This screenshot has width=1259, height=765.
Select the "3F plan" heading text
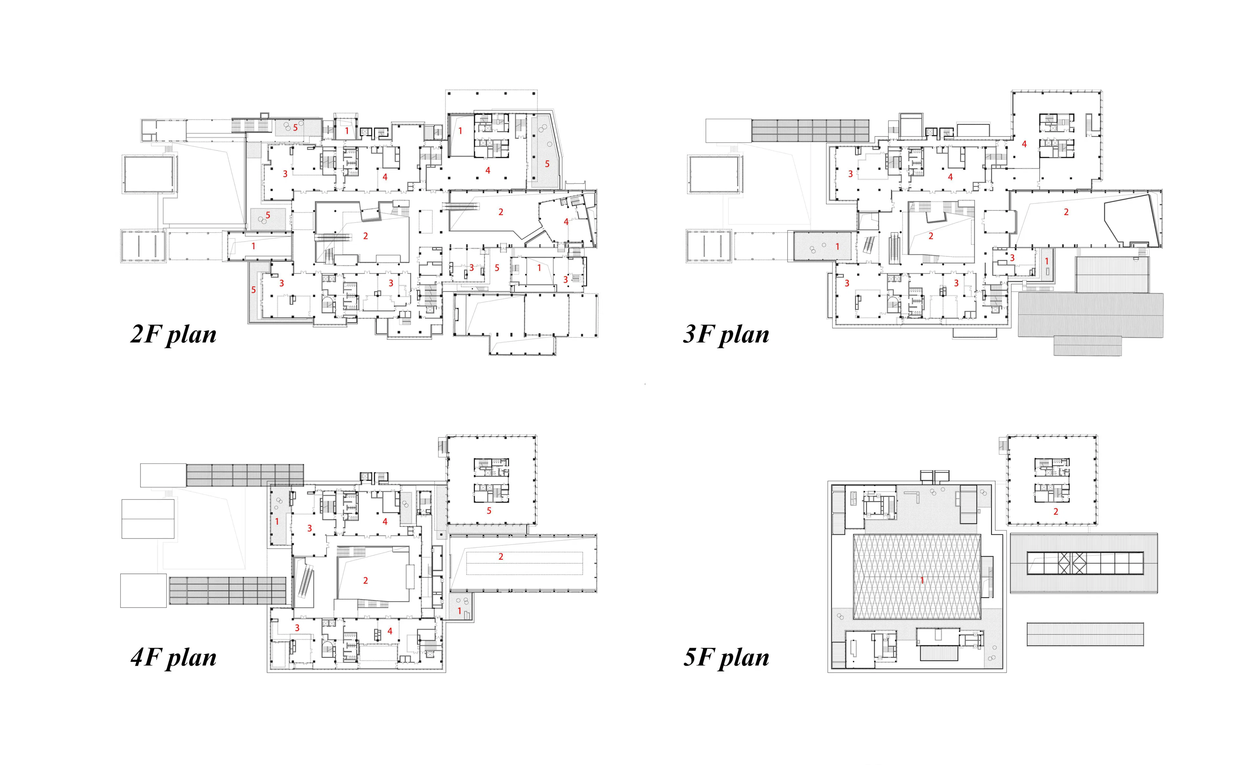[726, 335]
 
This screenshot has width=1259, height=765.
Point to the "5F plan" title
[726, 658]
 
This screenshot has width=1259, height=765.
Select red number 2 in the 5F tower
[1056, 511]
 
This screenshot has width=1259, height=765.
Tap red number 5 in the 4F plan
[489, 511]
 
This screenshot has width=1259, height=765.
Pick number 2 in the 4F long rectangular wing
[501, 557]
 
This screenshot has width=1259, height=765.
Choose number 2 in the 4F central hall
[365, 580]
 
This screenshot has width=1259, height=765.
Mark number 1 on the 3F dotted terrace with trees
[837, 247]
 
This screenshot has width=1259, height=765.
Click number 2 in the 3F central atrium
[930, 236]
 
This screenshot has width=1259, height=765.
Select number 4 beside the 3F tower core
[1024, 144]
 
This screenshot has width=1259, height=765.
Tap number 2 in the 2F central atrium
[365, 236]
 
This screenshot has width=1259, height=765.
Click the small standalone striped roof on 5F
[1085, 634]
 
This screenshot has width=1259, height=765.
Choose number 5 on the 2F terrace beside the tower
[547, 164]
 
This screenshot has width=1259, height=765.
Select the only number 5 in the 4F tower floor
[489, 511]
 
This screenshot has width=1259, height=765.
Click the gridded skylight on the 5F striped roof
[1085, 563]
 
